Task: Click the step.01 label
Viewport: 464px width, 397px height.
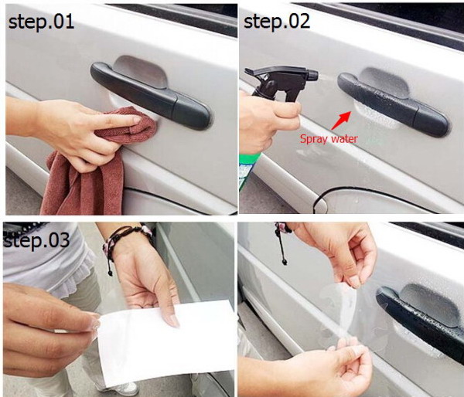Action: [x=43, y=22]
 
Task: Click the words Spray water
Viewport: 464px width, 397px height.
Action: [x=329, y=139]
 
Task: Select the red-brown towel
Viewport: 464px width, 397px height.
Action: [x=85, y=178]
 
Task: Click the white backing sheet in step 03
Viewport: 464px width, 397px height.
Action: [x=166, y=341]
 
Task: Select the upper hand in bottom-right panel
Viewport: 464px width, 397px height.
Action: [x=340, y=251]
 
